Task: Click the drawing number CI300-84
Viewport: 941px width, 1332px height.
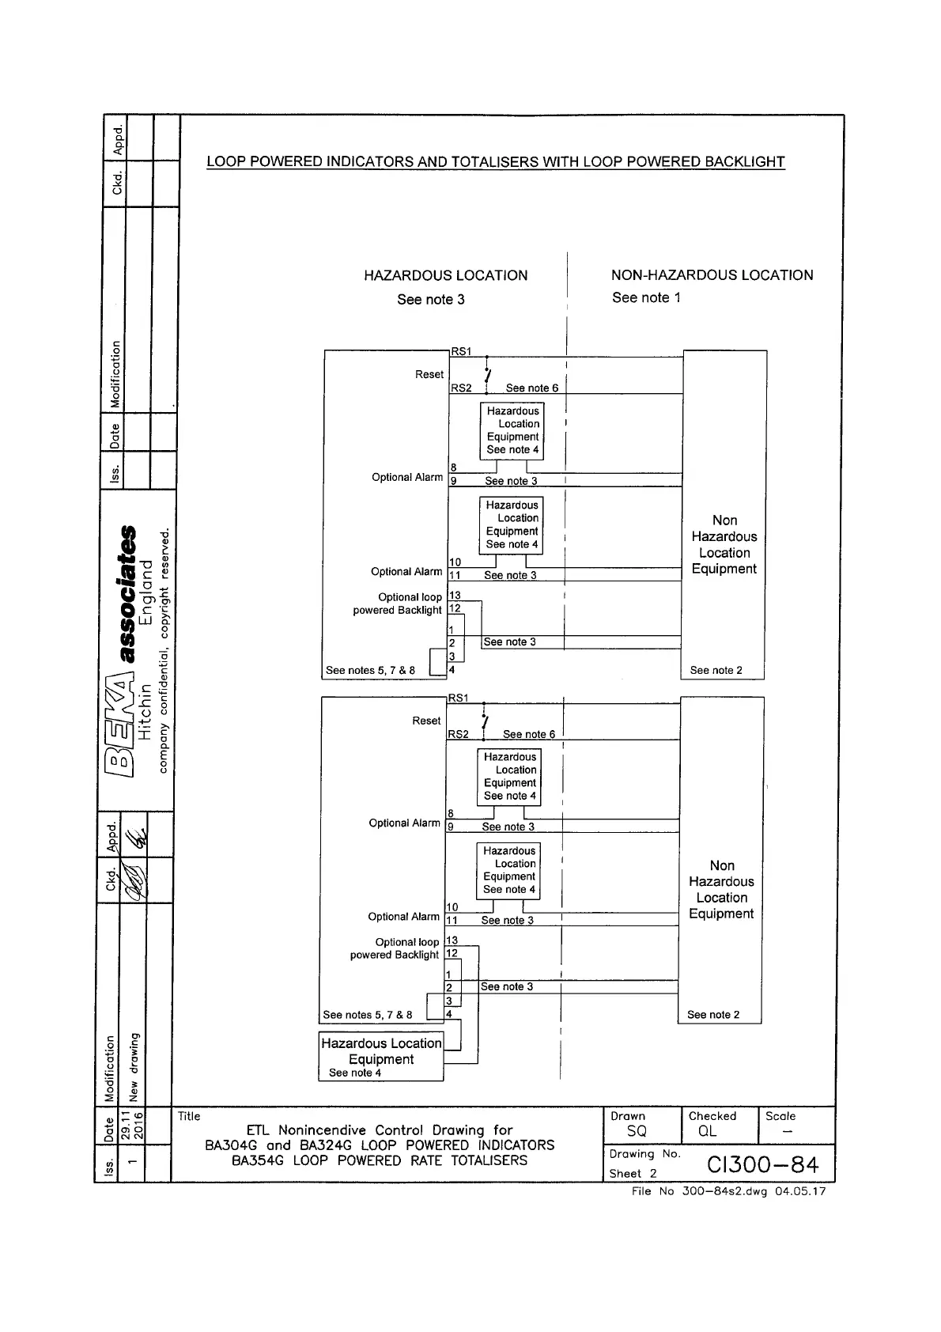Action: (x=762, y=1164)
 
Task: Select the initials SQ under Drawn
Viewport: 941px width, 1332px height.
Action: (x=637, y=1132)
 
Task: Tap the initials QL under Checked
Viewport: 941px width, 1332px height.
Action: (x=707, y=1132)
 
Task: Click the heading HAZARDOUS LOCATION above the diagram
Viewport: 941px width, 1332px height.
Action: (x=445, y=275)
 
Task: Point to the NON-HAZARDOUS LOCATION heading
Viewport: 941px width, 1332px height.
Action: (x=712, y=275)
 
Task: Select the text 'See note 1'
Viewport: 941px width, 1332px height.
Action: (x=646, y=297)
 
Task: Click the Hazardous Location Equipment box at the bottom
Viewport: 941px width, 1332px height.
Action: (x=381, y=1056)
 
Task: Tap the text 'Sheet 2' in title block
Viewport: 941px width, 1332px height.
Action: (x=633, y=1174)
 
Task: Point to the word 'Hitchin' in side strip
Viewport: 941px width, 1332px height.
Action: (x=145, y=711)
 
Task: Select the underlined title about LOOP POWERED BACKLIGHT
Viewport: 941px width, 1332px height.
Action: (x=495, y=162)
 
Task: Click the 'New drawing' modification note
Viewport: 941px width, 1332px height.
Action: (x=134, y=1067)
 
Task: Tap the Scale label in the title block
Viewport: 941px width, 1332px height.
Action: (x=780, y=1116)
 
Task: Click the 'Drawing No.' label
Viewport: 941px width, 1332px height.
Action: (x=644, y=1154)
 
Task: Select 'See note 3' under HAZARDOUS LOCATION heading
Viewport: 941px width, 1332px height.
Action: (x=431, y=299)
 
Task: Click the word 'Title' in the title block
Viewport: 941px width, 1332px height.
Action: (x=189, y=1116)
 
